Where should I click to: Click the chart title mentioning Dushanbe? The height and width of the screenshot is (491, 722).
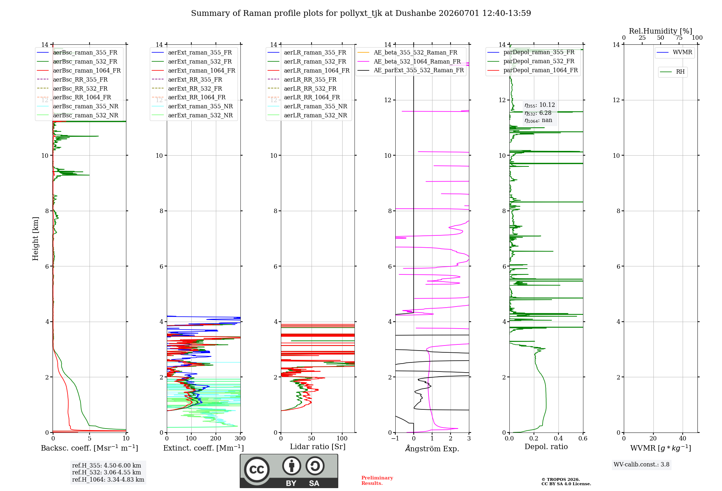tap(361, 13)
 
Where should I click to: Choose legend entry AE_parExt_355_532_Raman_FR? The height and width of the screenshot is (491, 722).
tap(410, 70)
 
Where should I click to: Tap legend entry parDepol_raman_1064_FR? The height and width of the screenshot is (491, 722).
tap(532, 70)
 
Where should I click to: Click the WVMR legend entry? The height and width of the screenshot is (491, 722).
tap(674, 52)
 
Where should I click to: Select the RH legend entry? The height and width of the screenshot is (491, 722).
tap(672, 71)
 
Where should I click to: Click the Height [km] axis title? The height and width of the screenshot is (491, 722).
tap(35, 239)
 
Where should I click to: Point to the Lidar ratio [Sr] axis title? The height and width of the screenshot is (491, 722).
tap(318, 447)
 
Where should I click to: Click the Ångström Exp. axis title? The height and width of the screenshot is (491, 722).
tap(432, 448)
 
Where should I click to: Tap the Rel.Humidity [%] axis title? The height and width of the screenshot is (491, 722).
tap(661, 31)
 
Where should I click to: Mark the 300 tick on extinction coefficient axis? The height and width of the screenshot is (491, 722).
tap(240, 439)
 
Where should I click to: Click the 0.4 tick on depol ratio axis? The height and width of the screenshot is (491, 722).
tap(558, 439)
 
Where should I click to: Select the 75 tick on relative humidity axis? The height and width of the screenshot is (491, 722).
tap(679, 38)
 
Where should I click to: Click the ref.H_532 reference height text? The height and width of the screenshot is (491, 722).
tap(106, 473)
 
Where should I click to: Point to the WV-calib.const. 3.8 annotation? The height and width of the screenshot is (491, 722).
tap(641, 465)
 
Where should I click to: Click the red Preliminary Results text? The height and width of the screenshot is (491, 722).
tap(377, 481)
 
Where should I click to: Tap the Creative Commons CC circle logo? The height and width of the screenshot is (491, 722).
tap(257, 470)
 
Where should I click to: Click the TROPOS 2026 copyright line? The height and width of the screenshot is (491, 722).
tap(561, 480)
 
